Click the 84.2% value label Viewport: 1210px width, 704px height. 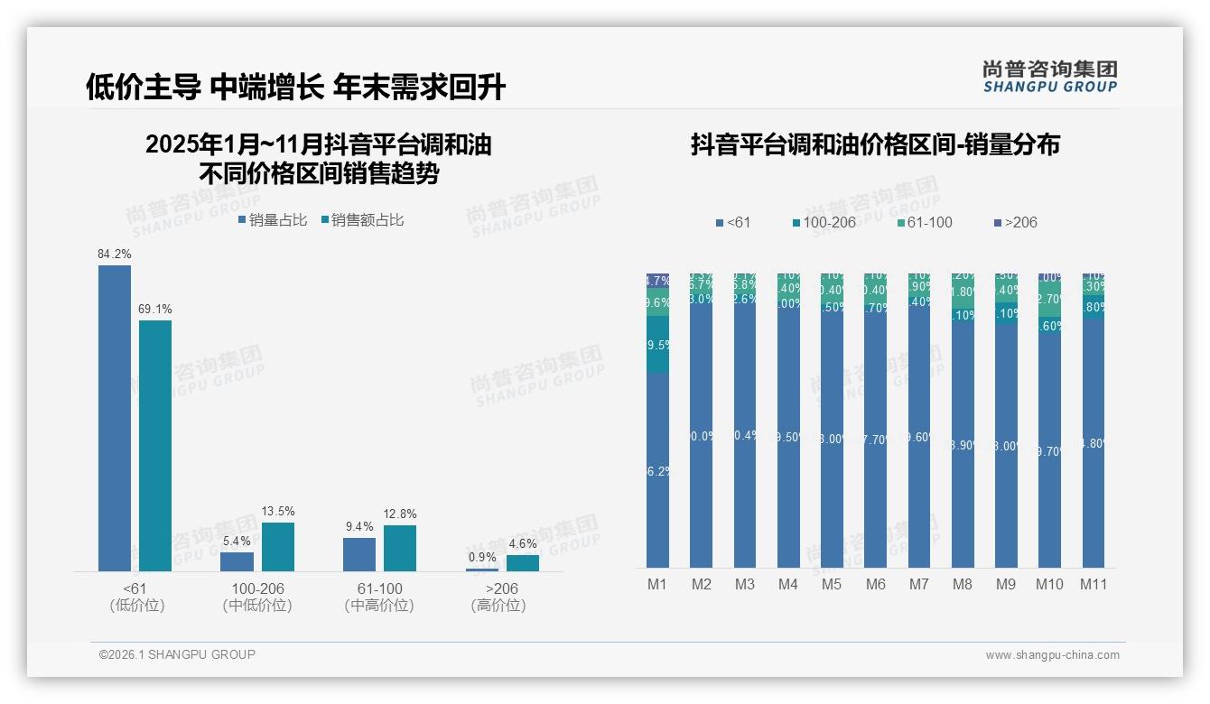[x=115, y=254]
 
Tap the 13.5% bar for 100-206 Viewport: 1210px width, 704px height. [x=278, y=546]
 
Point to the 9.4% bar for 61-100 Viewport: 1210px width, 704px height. [x=359, y=554]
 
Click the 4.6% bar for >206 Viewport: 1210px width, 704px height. [x=523, y=562]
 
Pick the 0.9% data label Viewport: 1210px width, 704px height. [x=482, y=557]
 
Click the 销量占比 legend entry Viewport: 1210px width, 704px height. [x=273, y=219]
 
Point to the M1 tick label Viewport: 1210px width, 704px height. [x=657, y=584]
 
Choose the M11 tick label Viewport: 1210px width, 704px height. [x=1094, y=584]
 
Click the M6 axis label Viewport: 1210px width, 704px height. [x=875, y=584]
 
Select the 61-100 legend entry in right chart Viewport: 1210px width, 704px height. [x=925, y=222]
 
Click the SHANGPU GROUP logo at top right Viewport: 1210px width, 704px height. [x=1049, y=76]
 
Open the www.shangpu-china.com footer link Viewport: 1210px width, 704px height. [x=1052, y=655]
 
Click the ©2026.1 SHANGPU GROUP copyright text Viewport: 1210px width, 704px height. [x=177, y=654]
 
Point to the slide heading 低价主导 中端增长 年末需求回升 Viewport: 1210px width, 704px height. [x=296, y=87]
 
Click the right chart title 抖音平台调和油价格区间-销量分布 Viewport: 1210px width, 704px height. [x=875, y=144]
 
